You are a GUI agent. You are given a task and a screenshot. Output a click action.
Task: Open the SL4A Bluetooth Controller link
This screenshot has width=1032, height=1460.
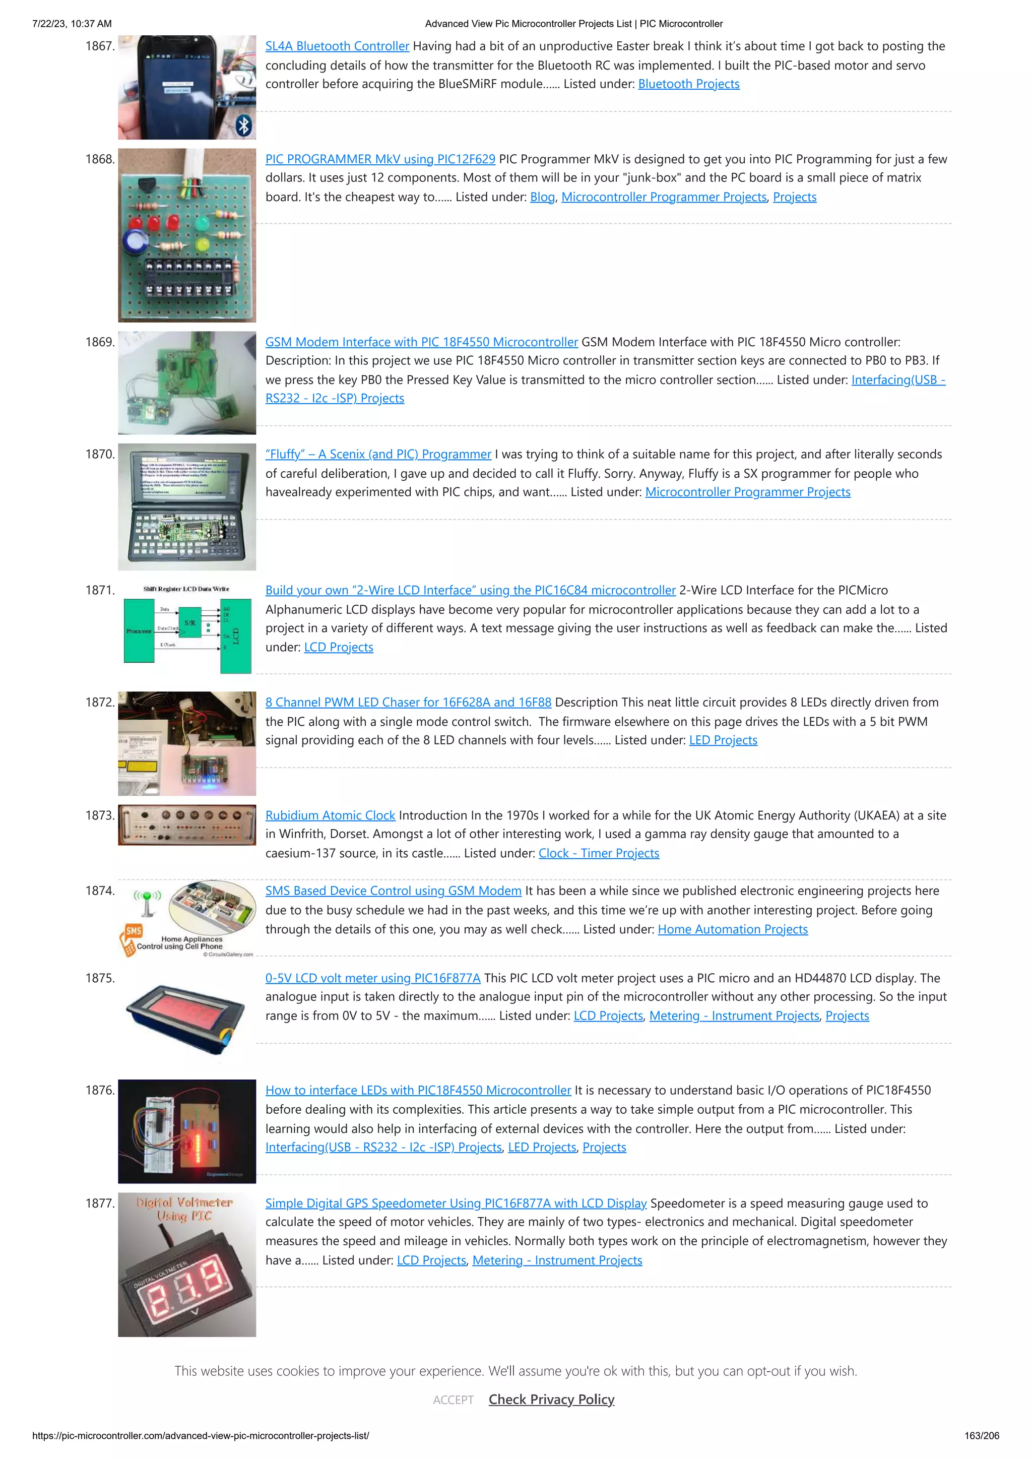point(337,46)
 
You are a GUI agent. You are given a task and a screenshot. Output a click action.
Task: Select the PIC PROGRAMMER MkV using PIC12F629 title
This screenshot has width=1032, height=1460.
point(379,159)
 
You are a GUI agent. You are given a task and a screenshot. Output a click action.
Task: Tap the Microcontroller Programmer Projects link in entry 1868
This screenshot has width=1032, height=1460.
point(663,197)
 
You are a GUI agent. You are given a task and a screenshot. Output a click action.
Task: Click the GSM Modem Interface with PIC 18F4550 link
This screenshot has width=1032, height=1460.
point(421,342)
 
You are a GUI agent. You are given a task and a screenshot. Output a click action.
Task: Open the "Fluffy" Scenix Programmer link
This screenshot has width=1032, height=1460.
point(378,454)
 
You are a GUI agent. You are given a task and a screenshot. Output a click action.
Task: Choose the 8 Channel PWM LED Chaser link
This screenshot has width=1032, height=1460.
point(408,702)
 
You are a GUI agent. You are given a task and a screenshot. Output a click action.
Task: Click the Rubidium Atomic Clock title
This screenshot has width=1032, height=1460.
point(330,815)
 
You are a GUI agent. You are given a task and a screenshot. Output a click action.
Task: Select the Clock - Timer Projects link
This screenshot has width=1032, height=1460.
point(598,853)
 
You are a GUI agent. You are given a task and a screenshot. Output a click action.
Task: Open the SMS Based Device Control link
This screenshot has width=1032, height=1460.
point(393,891)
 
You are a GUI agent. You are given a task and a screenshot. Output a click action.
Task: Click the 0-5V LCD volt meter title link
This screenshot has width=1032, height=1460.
point(372,978)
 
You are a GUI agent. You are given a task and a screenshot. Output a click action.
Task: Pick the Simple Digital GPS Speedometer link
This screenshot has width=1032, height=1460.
point(455,1203)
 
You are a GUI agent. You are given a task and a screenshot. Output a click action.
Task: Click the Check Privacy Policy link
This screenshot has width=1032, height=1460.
point(551,1400)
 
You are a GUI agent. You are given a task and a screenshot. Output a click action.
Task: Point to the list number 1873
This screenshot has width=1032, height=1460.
point(100,815)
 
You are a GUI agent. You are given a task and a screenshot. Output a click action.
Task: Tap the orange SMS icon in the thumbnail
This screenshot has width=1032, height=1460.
point(134,931)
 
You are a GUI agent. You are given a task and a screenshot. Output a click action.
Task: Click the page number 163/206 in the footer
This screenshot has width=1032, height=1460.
point(981,1436)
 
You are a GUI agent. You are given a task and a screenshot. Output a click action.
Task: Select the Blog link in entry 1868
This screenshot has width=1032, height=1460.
point(542,197)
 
